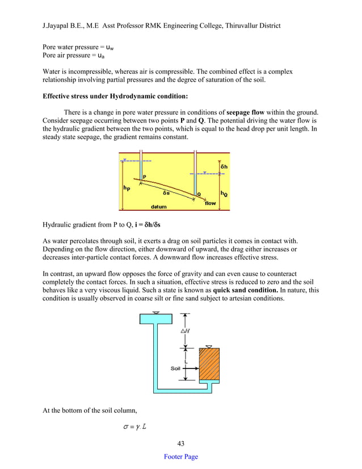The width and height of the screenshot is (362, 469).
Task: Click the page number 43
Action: point(180,443)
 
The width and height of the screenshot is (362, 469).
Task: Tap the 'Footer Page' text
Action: point(180,457)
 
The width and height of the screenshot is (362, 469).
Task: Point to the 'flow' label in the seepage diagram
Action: point(210,202)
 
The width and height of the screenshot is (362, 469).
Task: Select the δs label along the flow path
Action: point(166,193)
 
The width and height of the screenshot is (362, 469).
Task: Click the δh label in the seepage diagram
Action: point(224,166)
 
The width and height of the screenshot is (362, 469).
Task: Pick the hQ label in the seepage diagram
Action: point(224,193)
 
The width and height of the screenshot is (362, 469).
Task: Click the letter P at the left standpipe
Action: point(145,177)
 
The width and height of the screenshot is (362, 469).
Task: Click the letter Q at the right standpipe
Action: point(198,194)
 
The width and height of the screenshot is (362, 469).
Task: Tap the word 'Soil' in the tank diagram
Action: point(176,368)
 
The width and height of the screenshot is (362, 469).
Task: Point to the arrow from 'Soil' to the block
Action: point(191,368)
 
